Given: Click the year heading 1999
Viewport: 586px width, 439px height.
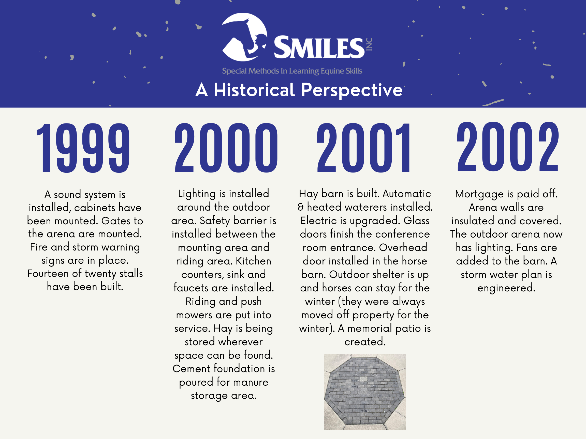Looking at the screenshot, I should (83, 148).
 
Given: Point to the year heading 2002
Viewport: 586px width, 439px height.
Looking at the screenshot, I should (508, 147).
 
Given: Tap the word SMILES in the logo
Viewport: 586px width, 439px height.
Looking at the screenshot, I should (319, 48).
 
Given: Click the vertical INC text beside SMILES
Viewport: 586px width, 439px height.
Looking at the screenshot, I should (369, 44).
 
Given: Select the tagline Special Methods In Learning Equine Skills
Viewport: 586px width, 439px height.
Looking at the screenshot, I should (292, 71).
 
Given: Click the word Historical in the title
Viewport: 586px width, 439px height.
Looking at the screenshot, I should (254, 90).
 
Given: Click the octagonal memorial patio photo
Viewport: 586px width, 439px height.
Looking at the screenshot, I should (365, 392).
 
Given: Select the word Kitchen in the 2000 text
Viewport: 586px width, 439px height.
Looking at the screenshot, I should (253, 261).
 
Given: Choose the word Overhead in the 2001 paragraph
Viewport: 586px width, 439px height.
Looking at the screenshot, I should (403, 248).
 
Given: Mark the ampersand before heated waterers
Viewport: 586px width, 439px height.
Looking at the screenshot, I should (300, 207).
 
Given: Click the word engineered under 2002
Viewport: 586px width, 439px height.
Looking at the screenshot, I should (506, 288).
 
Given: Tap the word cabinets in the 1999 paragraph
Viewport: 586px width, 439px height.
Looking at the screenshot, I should (95, 208).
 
